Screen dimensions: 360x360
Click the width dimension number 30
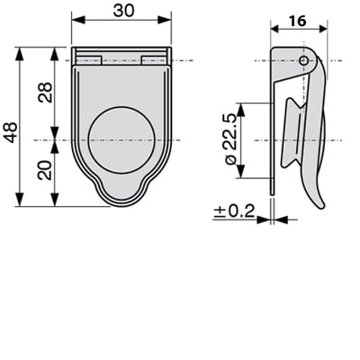(121, 10)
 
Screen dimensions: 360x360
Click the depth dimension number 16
(298, 21)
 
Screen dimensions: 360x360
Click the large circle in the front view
(121, 139)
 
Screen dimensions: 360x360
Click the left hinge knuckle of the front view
(88, 60)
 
